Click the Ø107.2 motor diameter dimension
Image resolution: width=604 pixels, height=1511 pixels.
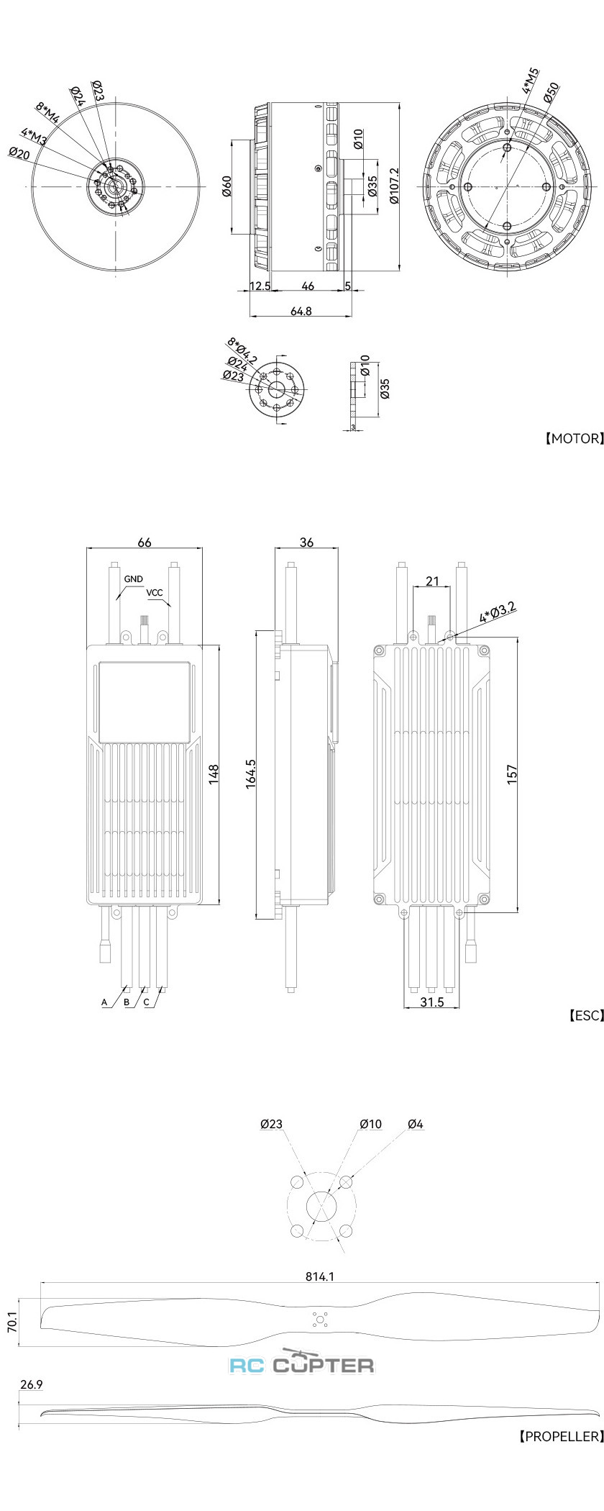(x=394, y=186)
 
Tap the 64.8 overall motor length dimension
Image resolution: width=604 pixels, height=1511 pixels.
(x=301, y=311)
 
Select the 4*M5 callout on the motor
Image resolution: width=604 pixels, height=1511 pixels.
(x=531, y=81)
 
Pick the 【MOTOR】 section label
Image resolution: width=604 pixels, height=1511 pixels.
(x=573, y=437)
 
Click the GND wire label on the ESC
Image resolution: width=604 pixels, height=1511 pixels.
(x=134, y=578)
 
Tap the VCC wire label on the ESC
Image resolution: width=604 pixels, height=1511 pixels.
(x=155, y=593)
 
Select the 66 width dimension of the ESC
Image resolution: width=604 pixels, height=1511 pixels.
(x=145, y=543)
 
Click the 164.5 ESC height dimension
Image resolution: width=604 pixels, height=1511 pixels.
(x=251, y=774)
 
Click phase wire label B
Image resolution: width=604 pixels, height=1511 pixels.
(x=127, y=1002)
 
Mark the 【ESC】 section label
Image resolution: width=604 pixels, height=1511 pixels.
(x=585, y=1015)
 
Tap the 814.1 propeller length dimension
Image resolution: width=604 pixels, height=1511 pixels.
(x=320, y=1276)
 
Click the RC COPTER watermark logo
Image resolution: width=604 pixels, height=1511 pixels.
(x=302, y=1363)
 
